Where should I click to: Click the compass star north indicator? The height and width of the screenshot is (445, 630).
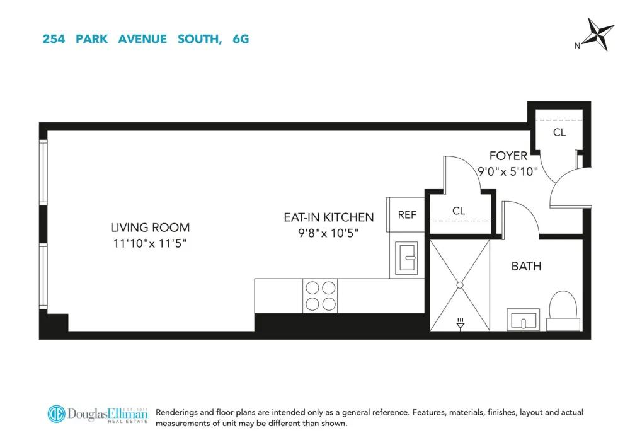(x=598, y=34)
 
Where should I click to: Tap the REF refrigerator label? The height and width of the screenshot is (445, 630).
(x=407, y=215)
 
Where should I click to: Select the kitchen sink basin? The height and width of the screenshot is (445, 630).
(x=406, y=258)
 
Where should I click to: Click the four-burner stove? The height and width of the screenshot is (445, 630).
(x=320, y=296)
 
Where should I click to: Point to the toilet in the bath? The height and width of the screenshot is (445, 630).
(x=563, y=310)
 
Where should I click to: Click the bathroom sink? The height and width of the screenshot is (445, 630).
(x=523, y=320)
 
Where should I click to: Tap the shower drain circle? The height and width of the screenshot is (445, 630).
(x=460, y=285)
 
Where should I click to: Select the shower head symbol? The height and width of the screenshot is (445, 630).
(x=461, y=324)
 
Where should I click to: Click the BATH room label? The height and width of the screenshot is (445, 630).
(x=526, y=266)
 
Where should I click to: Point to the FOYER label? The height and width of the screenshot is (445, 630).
(x=508, y=156)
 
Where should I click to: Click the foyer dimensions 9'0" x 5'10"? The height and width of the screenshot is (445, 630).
(x=507, y=171)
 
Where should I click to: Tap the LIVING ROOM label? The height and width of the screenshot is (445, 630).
(x=150, y=228)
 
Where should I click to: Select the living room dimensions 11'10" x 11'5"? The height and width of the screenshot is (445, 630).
(x=150, y=243)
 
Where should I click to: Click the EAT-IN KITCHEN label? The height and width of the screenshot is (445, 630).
(x=329, y=217)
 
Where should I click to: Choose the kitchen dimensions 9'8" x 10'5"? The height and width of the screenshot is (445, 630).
(x=328, y=233)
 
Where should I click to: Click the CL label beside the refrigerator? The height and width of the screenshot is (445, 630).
(x=459, y=211)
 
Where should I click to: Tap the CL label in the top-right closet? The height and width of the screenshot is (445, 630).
(x=559, y=132)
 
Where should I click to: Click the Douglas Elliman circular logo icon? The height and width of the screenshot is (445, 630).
(x=56, y=414)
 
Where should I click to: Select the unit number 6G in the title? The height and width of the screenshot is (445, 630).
(x=241, y=39)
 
